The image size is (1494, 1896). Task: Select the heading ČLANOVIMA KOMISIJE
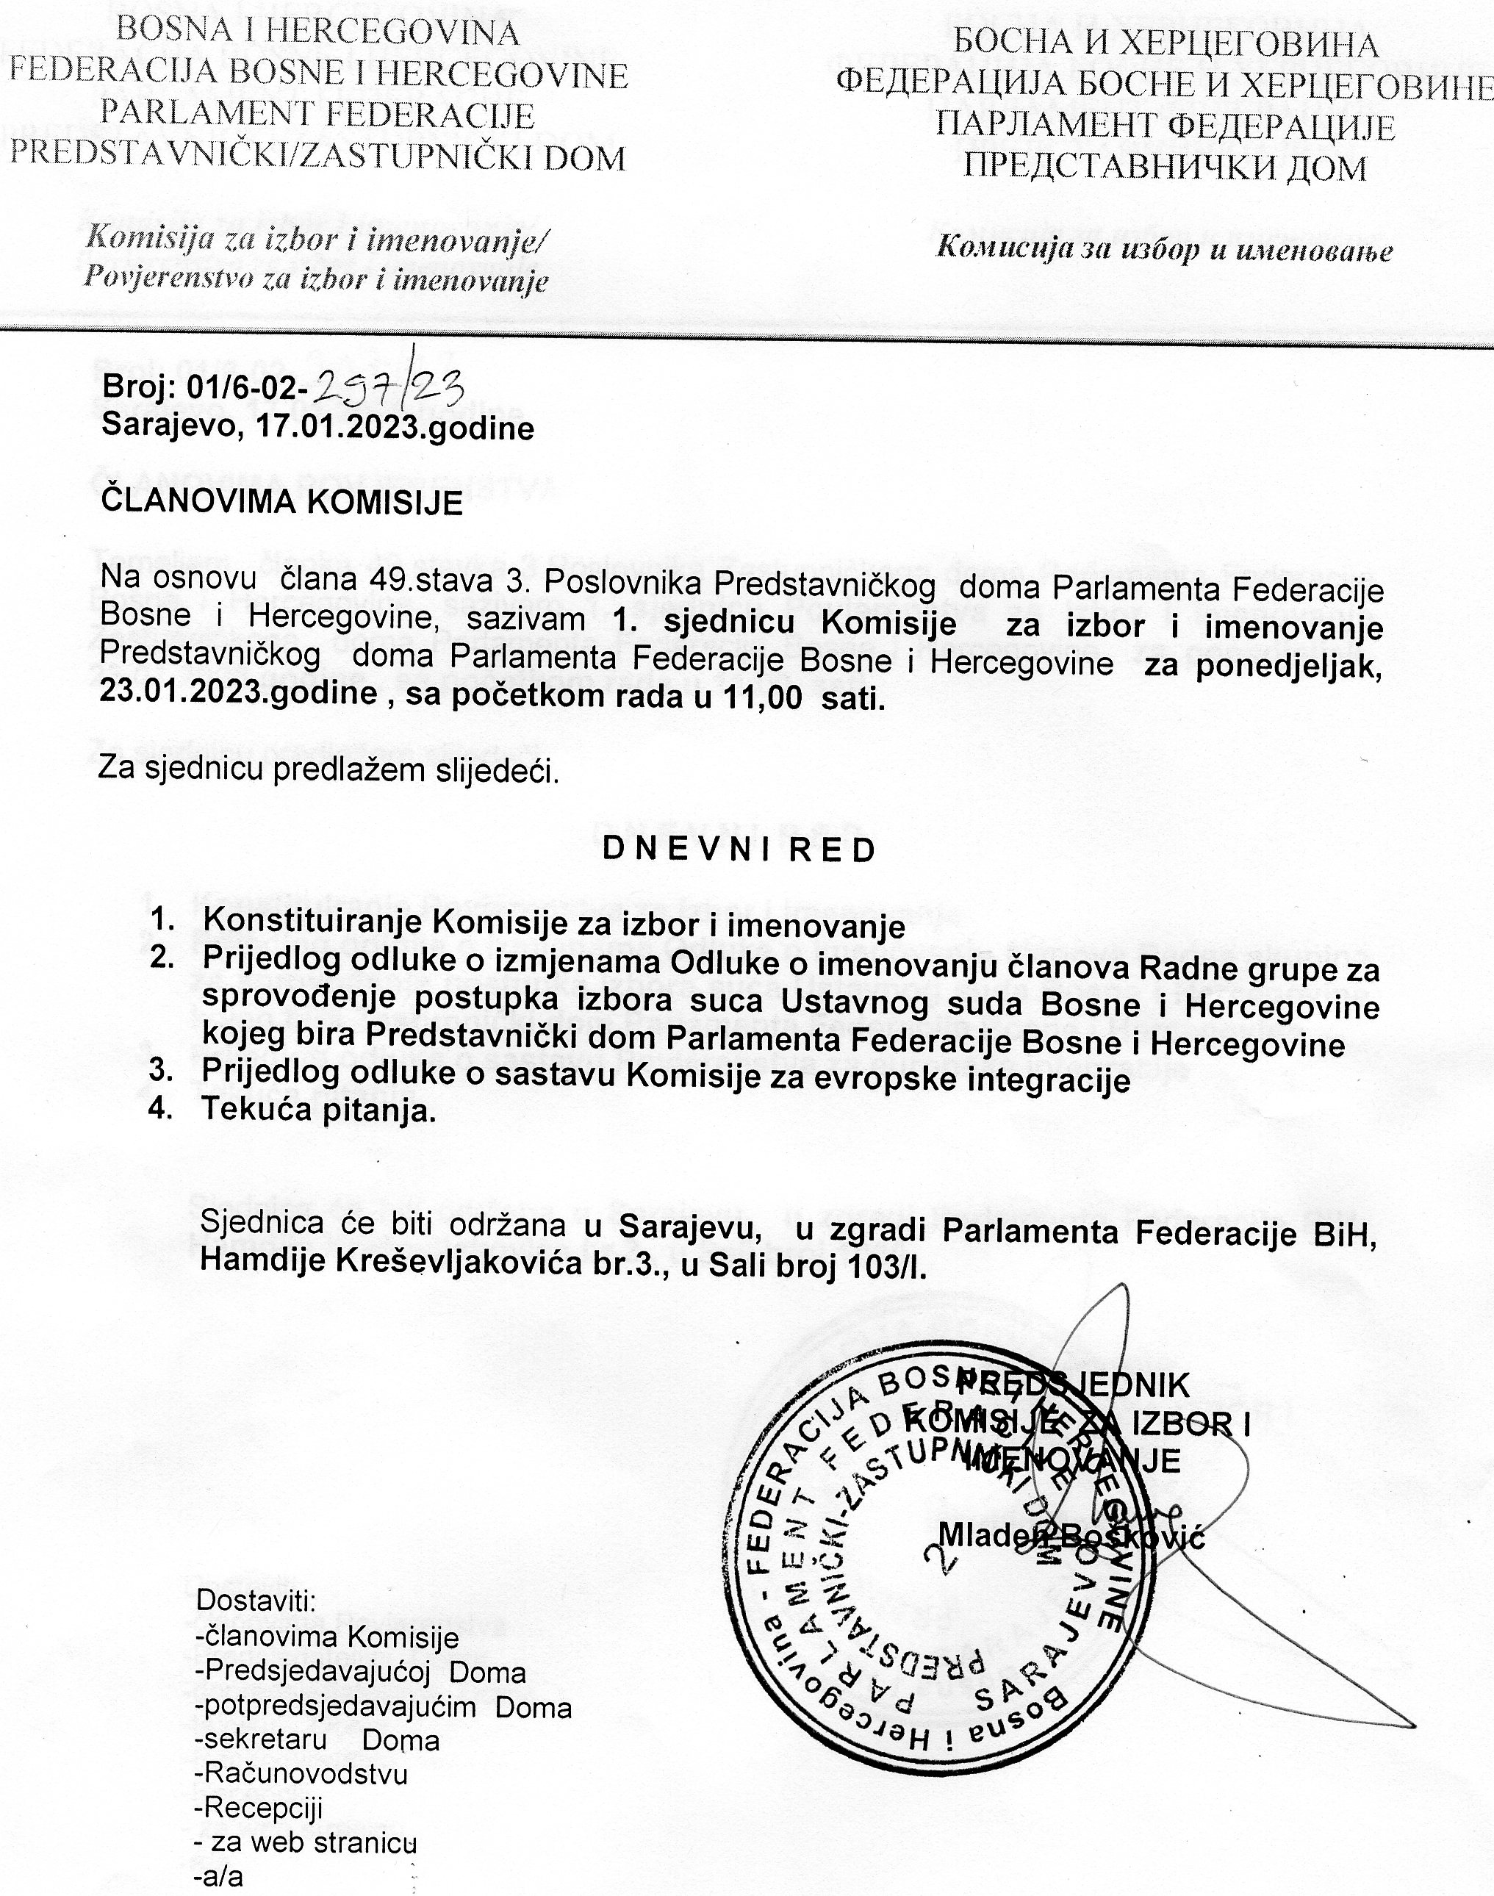281,503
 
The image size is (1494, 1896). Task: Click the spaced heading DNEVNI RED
739,850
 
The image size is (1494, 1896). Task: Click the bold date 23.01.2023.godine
238,694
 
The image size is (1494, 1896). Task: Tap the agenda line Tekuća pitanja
318,1110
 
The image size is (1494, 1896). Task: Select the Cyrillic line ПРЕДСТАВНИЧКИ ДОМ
1164,165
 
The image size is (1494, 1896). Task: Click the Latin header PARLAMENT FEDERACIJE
317,115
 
